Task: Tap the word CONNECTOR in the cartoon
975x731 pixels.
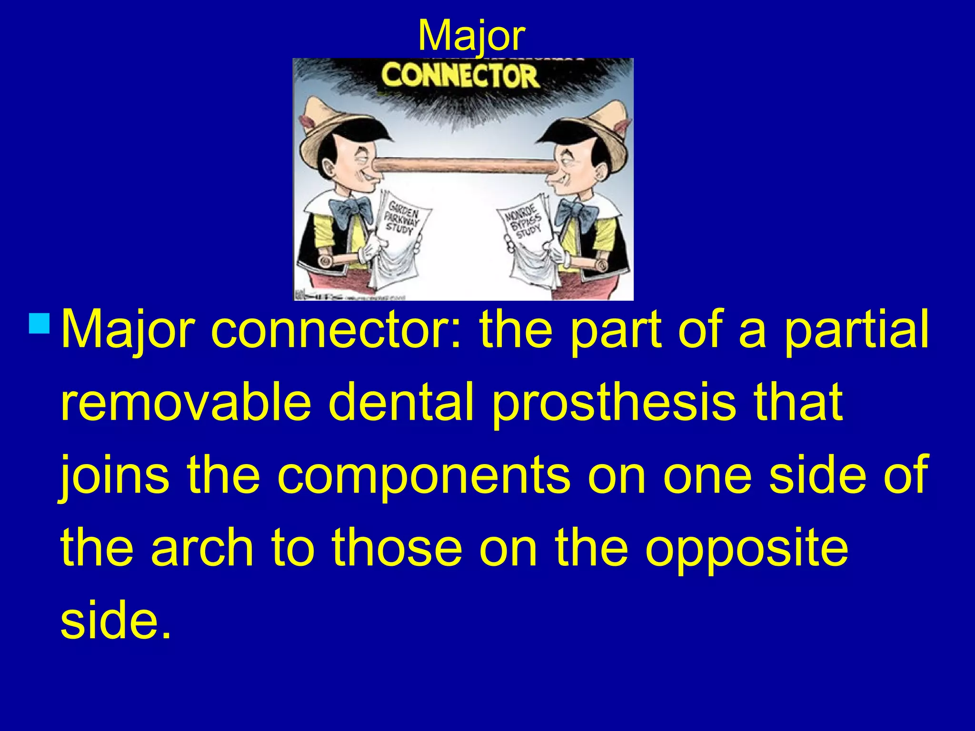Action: [x=460, y=76]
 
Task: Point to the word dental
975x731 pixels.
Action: [x=401, y=402]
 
